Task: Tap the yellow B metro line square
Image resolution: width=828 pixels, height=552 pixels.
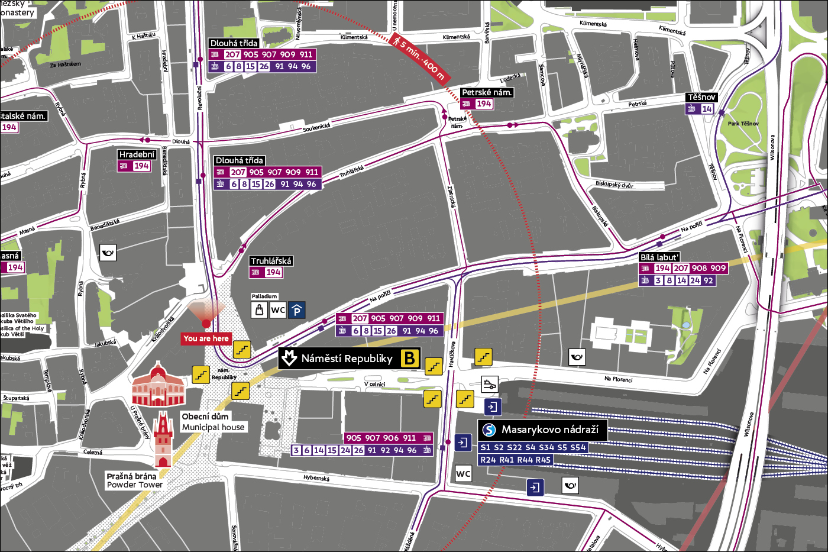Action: point(410,359)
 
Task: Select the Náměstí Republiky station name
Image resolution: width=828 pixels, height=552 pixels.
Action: point(347,359)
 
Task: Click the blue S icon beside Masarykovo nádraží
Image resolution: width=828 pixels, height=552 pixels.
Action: point(489,430)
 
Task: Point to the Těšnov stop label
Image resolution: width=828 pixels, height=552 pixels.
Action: point(701,97)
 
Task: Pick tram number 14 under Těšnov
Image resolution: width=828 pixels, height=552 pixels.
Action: point(707,109)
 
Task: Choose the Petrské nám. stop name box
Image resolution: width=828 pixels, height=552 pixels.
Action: point(487,92)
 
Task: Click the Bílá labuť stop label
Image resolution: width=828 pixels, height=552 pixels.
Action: point(659,257)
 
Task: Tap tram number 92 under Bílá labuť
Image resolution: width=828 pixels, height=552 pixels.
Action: point(708,280)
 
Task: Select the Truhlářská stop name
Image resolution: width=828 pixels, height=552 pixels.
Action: point(271,261)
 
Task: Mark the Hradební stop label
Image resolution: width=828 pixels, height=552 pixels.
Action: point(137,154)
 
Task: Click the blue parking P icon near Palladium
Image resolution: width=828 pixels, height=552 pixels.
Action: point(297,310)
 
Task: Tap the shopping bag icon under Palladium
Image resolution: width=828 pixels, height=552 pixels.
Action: point(259,310)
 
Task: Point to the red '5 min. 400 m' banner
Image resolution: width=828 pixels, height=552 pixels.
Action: point(419,57)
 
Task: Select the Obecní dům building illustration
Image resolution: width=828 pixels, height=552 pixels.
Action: point(158,386)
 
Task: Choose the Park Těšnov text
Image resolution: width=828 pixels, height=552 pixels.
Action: point(743,124)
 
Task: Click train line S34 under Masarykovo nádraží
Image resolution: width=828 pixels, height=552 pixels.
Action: point(546,447)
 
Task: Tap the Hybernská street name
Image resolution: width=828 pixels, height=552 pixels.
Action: point(316,478)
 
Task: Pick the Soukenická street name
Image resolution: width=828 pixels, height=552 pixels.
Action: point(316,127)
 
